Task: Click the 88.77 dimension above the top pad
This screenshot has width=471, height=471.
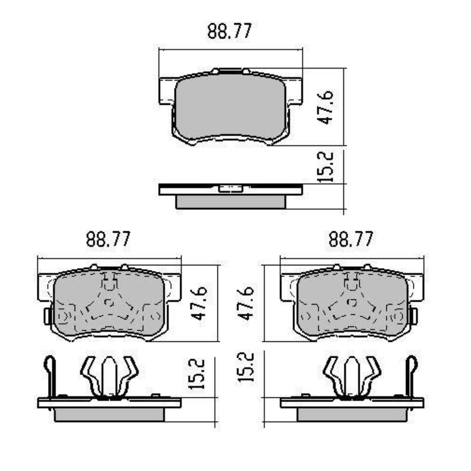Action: pos(230,31)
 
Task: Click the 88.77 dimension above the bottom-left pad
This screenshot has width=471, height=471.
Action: pos(108,239)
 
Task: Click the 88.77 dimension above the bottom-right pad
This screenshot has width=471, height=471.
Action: pos(351,239)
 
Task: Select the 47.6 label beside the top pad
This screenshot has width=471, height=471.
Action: pos(325,107)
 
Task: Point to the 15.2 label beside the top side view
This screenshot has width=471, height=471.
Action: pos(325,167)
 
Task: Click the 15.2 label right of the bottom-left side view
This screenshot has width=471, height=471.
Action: pos(197,374)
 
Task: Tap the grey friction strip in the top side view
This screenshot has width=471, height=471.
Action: pos(230,201)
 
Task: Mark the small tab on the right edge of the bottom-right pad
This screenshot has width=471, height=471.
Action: pos(414,315)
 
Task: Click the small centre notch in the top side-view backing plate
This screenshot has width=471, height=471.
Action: pos(230,189)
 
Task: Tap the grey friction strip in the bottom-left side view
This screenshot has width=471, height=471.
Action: pos(109,415)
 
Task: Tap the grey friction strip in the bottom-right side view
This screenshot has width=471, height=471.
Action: pos(352,415)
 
